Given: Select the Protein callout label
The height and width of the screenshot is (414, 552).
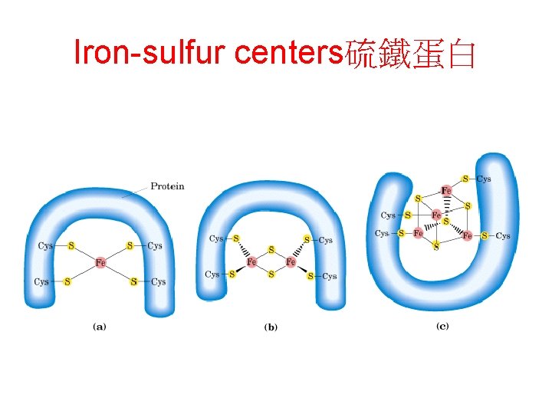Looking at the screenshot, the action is point(167,186).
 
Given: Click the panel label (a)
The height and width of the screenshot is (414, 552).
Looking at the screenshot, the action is point(100,326).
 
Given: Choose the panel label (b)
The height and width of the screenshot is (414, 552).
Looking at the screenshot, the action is point(271,327).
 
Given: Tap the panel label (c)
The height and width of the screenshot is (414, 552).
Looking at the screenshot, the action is point(442,326).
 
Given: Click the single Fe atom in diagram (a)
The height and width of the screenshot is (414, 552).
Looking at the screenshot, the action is point(100,263).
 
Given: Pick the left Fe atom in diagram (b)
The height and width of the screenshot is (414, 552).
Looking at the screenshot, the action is point(251,262).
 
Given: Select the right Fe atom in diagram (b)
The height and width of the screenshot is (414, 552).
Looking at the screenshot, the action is point(291,262).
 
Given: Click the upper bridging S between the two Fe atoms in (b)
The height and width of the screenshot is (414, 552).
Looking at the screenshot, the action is point(271,250).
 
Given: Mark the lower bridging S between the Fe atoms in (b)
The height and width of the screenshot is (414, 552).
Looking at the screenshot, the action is point(271,274).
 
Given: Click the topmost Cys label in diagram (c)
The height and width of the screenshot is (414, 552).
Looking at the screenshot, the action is point(484,179).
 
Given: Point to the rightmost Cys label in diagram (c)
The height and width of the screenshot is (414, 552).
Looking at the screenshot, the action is point(503,236).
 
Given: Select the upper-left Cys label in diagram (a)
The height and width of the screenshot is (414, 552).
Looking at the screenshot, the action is point(45,246).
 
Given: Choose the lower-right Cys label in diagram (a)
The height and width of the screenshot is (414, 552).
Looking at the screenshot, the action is point(158,282).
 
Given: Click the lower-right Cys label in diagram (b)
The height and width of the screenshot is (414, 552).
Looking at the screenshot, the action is point(329,276).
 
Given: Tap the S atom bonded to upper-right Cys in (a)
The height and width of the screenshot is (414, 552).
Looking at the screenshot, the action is point(130,246).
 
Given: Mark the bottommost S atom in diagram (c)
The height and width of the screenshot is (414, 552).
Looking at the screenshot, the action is point(436,247).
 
